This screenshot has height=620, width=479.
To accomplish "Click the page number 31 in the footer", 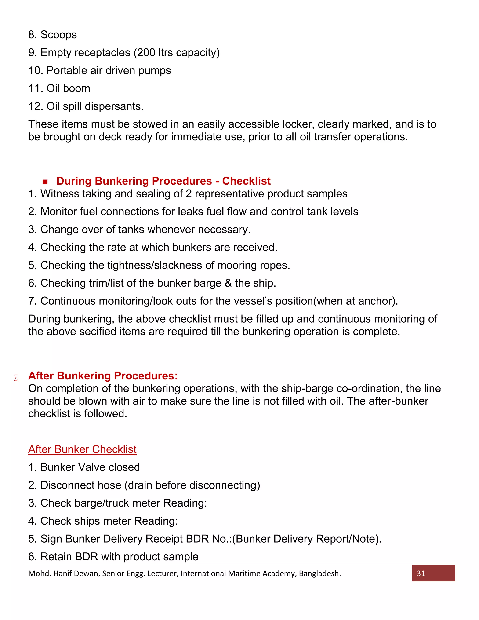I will [421, 573].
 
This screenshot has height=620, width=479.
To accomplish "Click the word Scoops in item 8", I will [58, 35].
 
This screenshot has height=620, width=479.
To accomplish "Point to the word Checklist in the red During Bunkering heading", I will [246, 181].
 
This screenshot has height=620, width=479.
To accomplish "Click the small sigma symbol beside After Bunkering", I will [16, 378].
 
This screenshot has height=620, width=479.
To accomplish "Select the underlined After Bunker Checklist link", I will [82, 449].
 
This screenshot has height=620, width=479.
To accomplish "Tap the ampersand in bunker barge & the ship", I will [228, 283].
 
